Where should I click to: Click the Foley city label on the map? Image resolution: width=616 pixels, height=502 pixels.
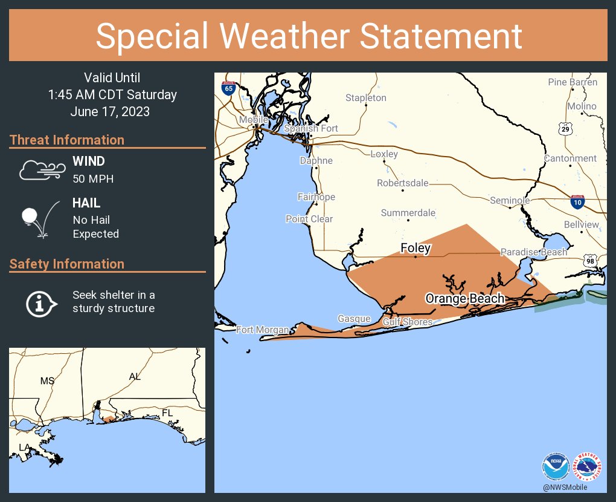(416, 248)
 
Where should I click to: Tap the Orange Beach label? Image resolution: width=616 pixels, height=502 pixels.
(464, 298)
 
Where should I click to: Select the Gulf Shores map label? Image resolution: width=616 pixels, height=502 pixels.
(407, 322)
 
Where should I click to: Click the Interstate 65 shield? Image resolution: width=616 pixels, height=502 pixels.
(228, 87)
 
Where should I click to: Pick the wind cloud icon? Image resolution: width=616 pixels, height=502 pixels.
(40, 170)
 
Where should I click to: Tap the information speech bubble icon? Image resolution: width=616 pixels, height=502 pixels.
(40, 302)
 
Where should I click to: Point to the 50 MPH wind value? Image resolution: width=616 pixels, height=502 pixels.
(93, 178)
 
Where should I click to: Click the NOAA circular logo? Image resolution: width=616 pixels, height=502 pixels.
(556, 467)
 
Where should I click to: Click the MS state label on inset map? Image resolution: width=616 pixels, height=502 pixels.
(47, 381)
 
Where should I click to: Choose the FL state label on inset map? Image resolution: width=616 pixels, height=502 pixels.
(167, 412)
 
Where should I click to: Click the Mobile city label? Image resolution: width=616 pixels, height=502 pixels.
(253, 120)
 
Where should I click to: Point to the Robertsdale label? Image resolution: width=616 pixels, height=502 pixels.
(402, 183)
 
